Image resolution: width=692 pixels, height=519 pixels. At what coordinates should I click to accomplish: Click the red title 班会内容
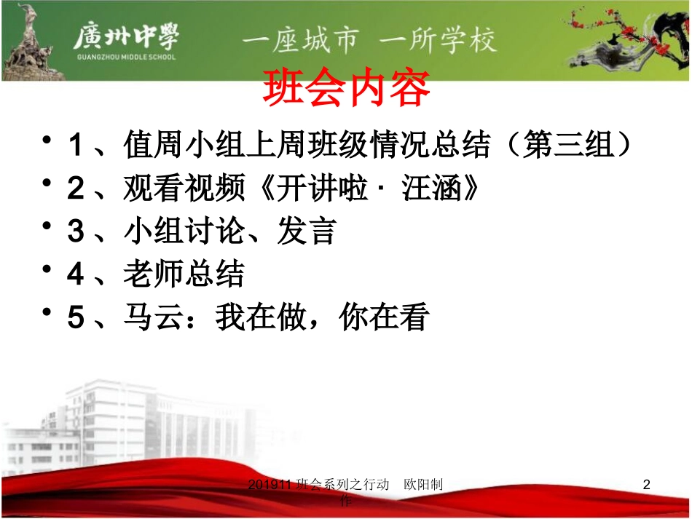tap(346, 88)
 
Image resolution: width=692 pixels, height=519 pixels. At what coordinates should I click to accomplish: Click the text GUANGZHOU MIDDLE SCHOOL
tap(125, 56)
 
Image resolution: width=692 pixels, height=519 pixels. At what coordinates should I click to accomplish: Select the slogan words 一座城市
tap(301, 39)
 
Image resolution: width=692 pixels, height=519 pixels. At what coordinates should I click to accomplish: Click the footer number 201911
tap(271, 485)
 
